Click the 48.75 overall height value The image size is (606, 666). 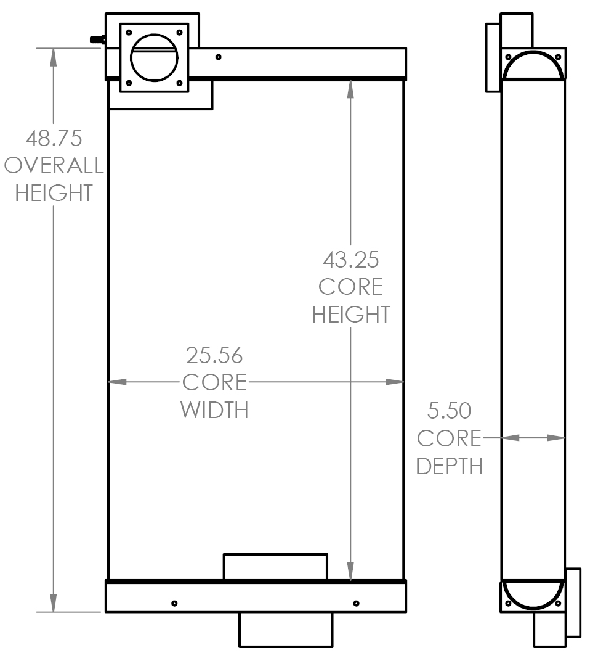54,139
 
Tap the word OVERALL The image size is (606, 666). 54,165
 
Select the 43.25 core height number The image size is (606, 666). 350,260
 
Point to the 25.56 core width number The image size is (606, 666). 214,356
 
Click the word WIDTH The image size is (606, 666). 214,410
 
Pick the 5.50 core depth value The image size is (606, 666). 449,411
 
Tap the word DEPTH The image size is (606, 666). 450,466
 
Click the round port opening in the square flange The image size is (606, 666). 154,58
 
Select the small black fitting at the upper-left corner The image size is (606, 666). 98,39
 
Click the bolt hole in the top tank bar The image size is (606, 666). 219,57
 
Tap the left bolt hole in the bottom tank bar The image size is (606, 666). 174,603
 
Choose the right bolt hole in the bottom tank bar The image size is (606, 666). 356,603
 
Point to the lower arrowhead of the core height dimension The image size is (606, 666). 350,571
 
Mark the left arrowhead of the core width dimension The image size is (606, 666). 118,382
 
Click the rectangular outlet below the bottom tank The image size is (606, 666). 286,630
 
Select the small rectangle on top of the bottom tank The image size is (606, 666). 275,567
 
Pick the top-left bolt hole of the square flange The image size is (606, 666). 129,33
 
